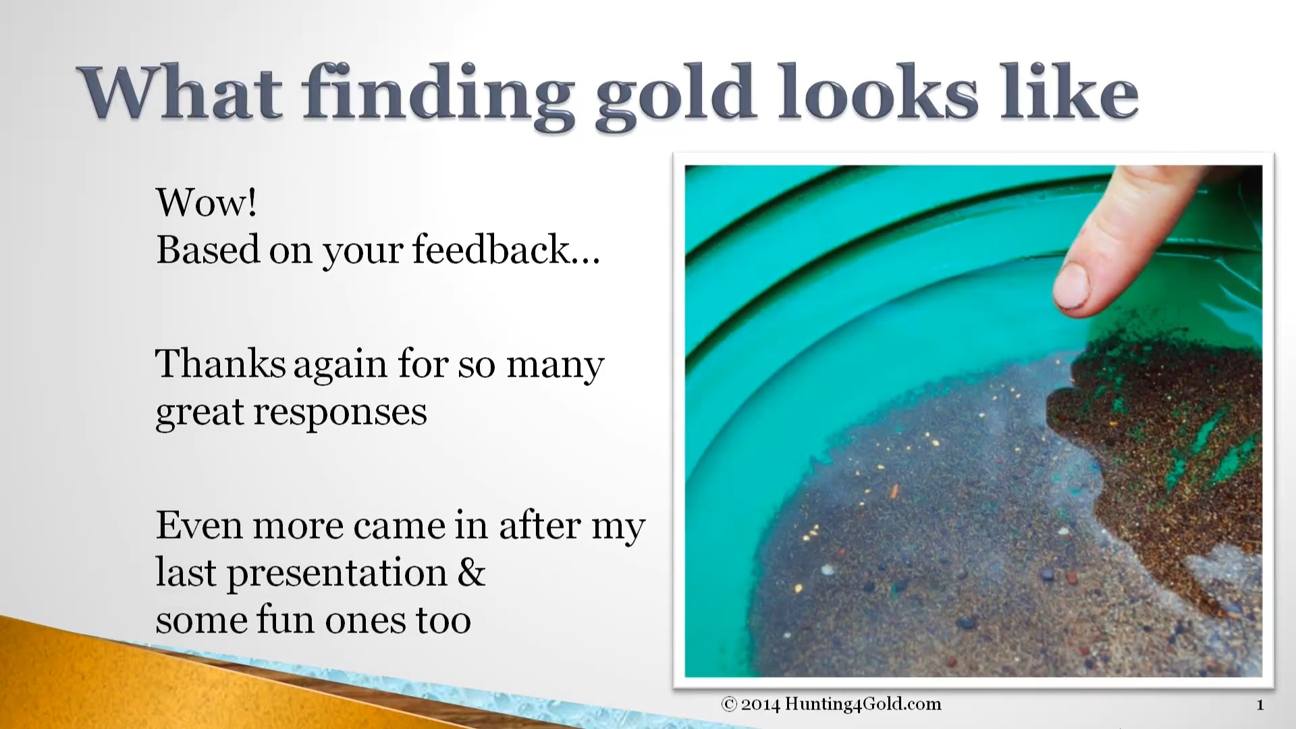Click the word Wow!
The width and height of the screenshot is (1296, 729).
click(207, 202)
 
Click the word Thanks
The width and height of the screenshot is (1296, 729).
click(220, 364)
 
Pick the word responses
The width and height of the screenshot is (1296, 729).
click(340, 412)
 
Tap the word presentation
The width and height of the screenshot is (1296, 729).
click(337, 574)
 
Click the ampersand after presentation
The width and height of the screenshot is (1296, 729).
click(471, 572)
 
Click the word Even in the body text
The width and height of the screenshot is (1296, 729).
click(199, 525)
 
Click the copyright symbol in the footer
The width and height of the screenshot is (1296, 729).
click(729, 705)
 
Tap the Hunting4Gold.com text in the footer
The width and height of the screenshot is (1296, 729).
click(863, 705)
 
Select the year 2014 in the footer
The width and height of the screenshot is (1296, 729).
click(760, 705)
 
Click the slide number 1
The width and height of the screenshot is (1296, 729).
click(1260, 705)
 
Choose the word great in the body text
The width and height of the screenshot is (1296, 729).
click(199, 412)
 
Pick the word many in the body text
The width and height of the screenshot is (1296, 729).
click(555, 365)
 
